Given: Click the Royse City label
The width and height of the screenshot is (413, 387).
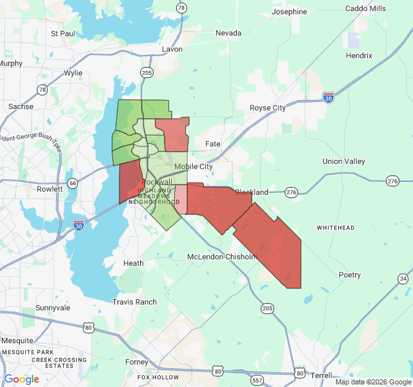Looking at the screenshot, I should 268,108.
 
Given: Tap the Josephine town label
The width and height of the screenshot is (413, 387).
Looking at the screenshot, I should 289,12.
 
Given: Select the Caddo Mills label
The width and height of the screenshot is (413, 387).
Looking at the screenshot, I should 365,8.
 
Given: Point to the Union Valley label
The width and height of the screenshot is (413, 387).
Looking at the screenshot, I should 344,161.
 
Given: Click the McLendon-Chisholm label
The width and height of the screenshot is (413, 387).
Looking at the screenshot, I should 222,257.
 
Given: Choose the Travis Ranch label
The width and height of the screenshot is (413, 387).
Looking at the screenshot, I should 134,302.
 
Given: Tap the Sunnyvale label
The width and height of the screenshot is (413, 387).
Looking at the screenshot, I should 53,308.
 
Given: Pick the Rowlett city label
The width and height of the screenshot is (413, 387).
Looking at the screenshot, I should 50,189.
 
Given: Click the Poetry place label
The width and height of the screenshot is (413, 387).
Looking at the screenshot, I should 350,275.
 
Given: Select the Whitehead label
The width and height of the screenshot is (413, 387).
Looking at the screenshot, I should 336,228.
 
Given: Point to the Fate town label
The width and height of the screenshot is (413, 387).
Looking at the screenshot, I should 212,143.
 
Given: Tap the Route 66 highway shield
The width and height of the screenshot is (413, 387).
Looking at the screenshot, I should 73,183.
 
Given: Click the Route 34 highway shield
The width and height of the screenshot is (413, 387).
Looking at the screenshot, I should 403,279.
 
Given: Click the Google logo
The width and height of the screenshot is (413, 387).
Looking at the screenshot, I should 21,379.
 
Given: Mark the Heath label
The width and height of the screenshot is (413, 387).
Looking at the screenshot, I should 134,263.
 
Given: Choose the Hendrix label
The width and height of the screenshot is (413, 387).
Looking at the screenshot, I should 359,55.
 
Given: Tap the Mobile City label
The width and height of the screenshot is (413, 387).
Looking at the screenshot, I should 193,166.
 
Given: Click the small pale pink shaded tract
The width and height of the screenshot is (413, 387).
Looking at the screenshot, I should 181,199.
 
